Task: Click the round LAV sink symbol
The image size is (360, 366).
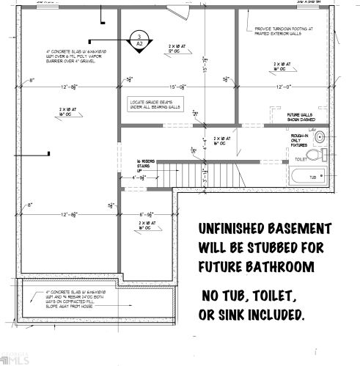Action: [319, 135]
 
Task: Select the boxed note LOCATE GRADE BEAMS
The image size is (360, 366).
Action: [155, 103]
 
